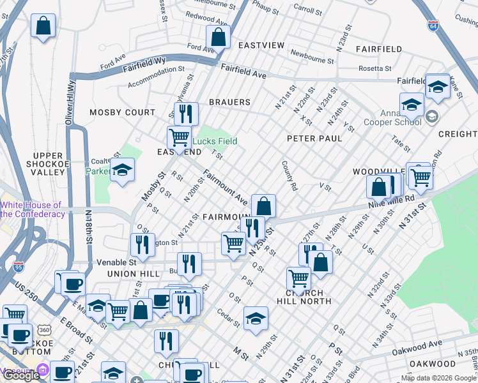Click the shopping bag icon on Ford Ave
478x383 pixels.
pos(218,36)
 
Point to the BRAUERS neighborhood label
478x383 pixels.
pos(229,102)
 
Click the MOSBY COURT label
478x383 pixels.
pos(122,112)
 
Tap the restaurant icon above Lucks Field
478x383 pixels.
pos(186,114)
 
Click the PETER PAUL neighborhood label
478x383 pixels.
pos(314,138)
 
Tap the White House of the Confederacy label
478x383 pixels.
pos(33,209)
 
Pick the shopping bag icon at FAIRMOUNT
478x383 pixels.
pos(263,206)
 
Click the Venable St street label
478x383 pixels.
pos(116,262)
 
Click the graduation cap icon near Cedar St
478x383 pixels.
pos(256,319)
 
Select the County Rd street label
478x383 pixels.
pos(290,176)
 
